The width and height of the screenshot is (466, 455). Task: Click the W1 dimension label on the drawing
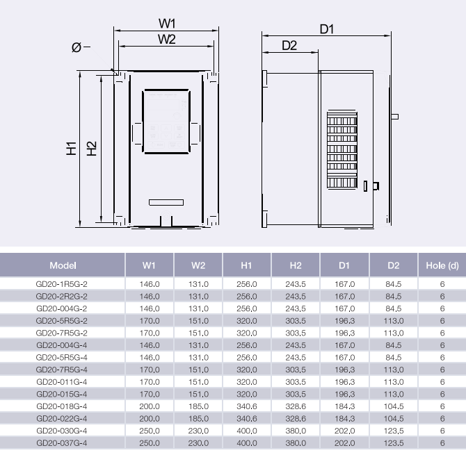[167, 24]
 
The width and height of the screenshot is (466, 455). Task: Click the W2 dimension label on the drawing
[167, 39]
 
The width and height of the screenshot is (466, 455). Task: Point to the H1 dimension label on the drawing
[72, 149]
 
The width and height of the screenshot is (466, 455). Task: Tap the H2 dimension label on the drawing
[92, 149]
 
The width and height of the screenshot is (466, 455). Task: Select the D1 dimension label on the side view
[327, 29]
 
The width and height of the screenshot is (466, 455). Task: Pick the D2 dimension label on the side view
[289, 45]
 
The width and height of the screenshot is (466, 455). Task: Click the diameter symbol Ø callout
[77, 47]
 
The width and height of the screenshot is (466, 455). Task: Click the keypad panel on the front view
[166, 121]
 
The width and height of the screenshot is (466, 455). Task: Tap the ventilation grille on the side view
[342, 149]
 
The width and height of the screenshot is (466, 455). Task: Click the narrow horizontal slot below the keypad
[166, 202]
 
